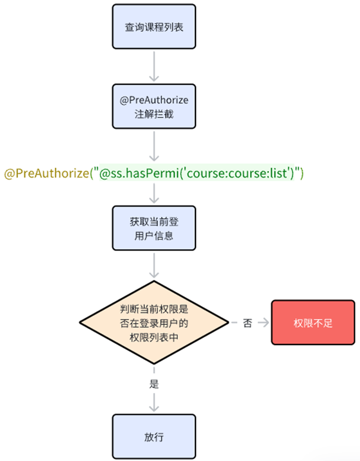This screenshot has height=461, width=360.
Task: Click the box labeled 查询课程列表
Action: (154, 26)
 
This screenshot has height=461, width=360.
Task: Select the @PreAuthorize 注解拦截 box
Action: (154, 106)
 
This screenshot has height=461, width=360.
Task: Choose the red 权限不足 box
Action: (313, 323)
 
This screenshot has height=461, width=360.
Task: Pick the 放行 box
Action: (154, 436)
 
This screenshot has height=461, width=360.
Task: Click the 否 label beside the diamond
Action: (247, 323)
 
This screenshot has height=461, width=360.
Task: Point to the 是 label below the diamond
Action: (154, 385)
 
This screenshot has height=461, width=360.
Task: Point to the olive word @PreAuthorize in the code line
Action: (47, 173)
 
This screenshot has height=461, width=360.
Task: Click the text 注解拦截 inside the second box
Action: (154, 113)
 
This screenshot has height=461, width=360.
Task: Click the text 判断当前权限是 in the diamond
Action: (154, 309)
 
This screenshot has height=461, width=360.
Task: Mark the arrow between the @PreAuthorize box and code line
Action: (154, 147)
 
